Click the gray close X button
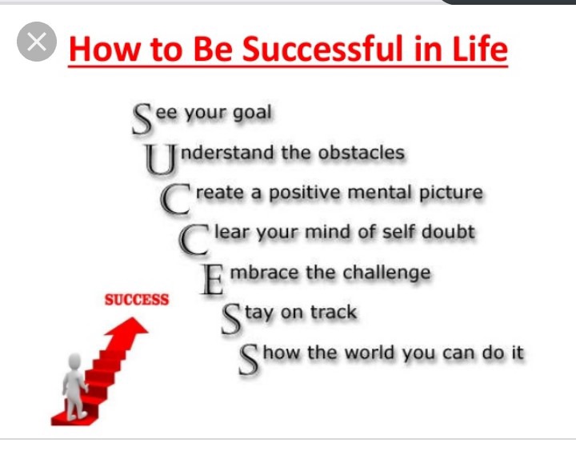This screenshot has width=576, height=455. (x=37, y=42)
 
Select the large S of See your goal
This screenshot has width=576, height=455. (x=142, y=118)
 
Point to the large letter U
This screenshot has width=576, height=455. (x=160, y=158)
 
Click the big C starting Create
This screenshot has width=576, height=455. (x=175, y=199)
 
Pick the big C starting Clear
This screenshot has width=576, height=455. (x=194, y=239)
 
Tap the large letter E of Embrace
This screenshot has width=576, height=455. (x=212, y=280)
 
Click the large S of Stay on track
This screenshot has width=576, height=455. (x=232, y=320)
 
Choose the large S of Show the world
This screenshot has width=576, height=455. (x=249, y=360)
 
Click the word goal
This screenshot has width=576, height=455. (x=252, y=114)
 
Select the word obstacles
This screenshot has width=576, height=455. (x=362, y=153)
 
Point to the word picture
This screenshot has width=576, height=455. (x=451, y=194)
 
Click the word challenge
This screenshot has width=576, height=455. (x=386, y=273)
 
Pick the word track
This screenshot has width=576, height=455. (x=334, y=312)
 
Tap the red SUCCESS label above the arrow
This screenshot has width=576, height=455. (x=137, y=300)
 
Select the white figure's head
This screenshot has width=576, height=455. (x=75, y=361)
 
